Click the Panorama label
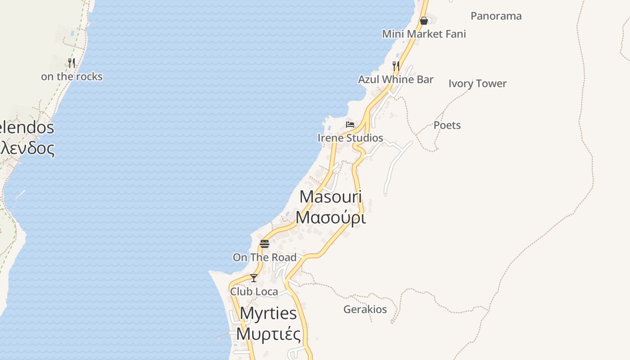(496, 16)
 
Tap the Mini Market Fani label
(424, 34)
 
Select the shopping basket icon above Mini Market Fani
(423, 21)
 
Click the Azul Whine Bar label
(396, 80)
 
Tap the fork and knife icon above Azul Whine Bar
(396, 66)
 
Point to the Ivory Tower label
(477, 84)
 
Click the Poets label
(447, 125)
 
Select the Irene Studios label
(350, 138)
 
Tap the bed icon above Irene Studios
(350, 125)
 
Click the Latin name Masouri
(331, 197)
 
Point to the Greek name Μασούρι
(331, 217)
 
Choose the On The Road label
(265, 257)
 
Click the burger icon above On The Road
(265, 244)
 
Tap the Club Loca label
(254, 292)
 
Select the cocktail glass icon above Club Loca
(254, 278)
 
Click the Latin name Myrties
(268, 313)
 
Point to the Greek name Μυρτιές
(268, 334)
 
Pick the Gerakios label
(365, 310)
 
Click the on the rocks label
(72, 77)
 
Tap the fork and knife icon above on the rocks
(72, 63)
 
